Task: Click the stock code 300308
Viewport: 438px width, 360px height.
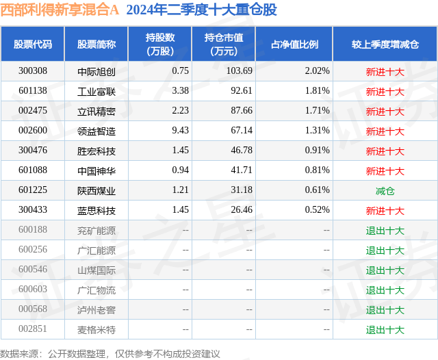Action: (x=33, y=71)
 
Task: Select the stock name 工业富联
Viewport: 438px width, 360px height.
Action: (x=96, y=91)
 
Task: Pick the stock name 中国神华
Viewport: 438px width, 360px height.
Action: (x=96, y=170)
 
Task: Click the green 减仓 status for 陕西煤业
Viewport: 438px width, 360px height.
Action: (x=385, y=191)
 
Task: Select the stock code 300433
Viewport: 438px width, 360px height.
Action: (x=33, y=211)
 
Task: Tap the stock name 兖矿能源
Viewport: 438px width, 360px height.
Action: (x=96, y=231)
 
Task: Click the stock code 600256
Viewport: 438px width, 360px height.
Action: (x=33, y=250)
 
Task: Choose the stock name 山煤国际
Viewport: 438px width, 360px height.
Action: (x=96, y=270)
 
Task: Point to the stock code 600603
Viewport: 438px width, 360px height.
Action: (x=33, y=290)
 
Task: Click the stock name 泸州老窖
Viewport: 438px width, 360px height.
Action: (x=96, y=310)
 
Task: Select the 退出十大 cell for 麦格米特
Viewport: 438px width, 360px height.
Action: (x=385, y=330)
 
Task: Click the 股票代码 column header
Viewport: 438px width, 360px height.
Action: (x=33, y=44)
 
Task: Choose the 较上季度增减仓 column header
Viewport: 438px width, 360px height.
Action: (x=385, y=44)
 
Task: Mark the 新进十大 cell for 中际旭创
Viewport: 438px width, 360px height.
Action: (x=385, y=71)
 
